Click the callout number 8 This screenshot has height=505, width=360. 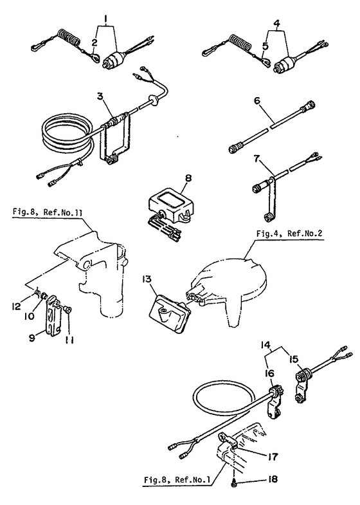[188, 178]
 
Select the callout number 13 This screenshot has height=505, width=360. [147, 279]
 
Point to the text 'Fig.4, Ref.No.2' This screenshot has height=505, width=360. [289, 233]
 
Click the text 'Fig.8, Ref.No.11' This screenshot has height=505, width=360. [48, 212]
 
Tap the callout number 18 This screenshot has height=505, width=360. [273, 479]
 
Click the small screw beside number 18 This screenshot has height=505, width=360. [235, 482]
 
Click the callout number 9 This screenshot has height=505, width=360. [32, 338]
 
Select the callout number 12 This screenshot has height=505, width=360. [17, 306]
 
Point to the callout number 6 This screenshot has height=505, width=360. [256, 100]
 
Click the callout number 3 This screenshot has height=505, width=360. [100, 105]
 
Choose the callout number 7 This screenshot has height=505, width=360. [256, 159]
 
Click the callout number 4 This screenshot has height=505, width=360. [277, 23]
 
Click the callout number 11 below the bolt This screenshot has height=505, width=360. [68, 340]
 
